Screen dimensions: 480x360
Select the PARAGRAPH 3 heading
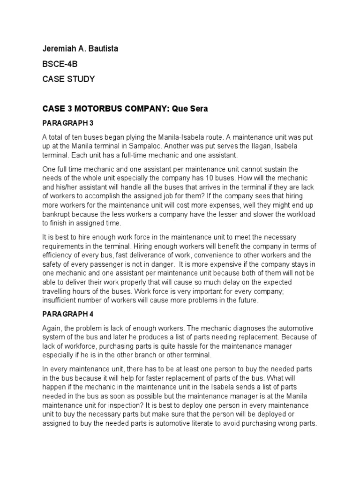[68, 123]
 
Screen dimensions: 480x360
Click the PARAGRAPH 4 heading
[68, 314]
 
